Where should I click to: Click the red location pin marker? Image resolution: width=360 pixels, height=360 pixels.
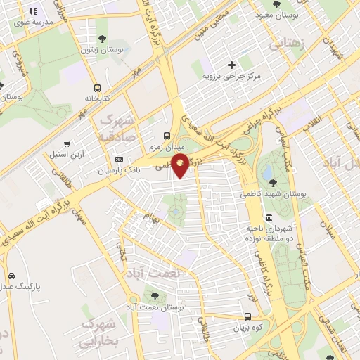(181, 166)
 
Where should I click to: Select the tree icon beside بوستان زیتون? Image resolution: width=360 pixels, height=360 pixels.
(103, 39)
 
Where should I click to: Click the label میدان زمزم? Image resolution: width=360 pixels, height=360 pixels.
(166, 148)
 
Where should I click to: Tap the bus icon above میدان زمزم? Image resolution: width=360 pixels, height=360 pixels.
(166, 136)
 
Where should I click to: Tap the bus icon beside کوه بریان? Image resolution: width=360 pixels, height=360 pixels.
(248, 316)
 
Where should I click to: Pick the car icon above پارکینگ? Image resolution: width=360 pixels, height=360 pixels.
(11, 276)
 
